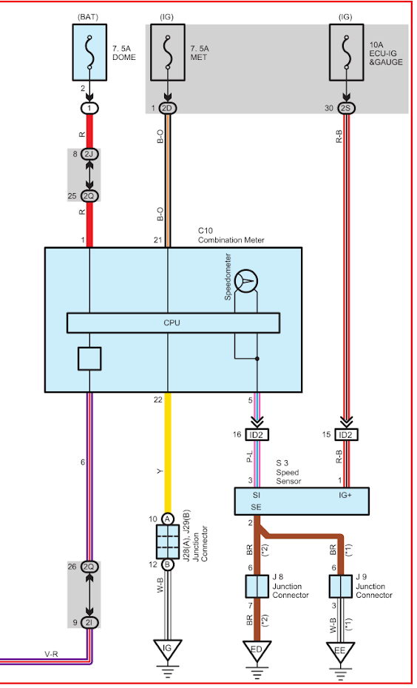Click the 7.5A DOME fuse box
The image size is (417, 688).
pos(89,53)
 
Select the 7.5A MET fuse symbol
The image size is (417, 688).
pos(168,53)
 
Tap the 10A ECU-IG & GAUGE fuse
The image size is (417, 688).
pos(347,53)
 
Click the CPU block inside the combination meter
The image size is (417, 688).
pos(173,323)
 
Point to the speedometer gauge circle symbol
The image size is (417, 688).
pos(246,281)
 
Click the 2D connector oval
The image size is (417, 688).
pos(168,108)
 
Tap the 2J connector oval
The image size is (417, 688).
pos(89,155)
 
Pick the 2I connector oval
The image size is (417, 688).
pos(89,622)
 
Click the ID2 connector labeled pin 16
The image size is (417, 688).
pos(257,435)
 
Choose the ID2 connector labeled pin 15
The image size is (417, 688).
pos(347,435)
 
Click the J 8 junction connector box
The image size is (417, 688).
pos(257,587)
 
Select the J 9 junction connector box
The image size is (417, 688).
pos(340,587)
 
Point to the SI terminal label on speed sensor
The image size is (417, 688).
pos(257,496)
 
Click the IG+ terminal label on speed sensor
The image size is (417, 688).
pos(345,496)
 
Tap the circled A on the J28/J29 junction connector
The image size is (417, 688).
pos(167,519)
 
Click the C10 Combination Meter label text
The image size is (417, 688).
pos(231,236)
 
